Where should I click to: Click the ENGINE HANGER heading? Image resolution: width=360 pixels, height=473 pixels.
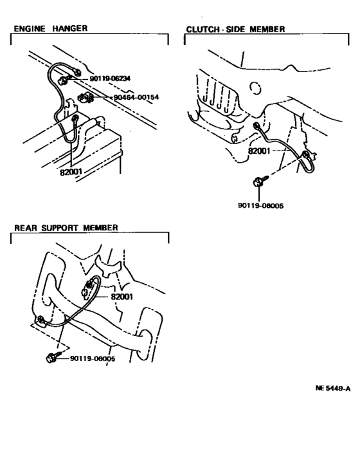(51, 29)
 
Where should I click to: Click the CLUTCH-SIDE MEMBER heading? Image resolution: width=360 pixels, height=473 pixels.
(235, 29)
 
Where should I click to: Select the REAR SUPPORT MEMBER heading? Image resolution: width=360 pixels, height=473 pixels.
(66, 228)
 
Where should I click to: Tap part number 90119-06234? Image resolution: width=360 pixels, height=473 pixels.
(110, 79)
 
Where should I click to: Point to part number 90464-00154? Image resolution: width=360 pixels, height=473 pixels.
(136, 97)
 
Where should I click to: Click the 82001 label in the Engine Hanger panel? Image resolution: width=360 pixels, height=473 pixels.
(71, 172)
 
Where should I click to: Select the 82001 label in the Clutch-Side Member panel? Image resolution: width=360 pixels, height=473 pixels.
(259, 151)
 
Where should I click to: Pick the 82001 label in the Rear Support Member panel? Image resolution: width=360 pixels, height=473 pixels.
(122, 297)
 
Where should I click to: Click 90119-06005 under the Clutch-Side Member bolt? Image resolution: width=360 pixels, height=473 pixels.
(260, 206)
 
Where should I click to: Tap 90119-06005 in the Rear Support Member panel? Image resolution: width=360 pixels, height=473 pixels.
(93, 358)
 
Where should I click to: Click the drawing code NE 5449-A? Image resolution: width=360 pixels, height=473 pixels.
(333, 388)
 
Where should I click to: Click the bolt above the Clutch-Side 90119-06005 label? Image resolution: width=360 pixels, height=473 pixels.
(260, 181)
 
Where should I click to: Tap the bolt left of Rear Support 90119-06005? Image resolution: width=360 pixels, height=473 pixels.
(53, 357)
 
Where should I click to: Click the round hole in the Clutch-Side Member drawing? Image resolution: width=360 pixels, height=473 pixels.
(255, 88)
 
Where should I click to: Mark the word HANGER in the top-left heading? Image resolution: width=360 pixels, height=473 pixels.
(70, 29)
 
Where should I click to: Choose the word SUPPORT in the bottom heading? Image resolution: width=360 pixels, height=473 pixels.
(60, 228)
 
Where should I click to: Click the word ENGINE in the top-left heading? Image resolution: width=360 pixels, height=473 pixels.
(30, 29)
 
